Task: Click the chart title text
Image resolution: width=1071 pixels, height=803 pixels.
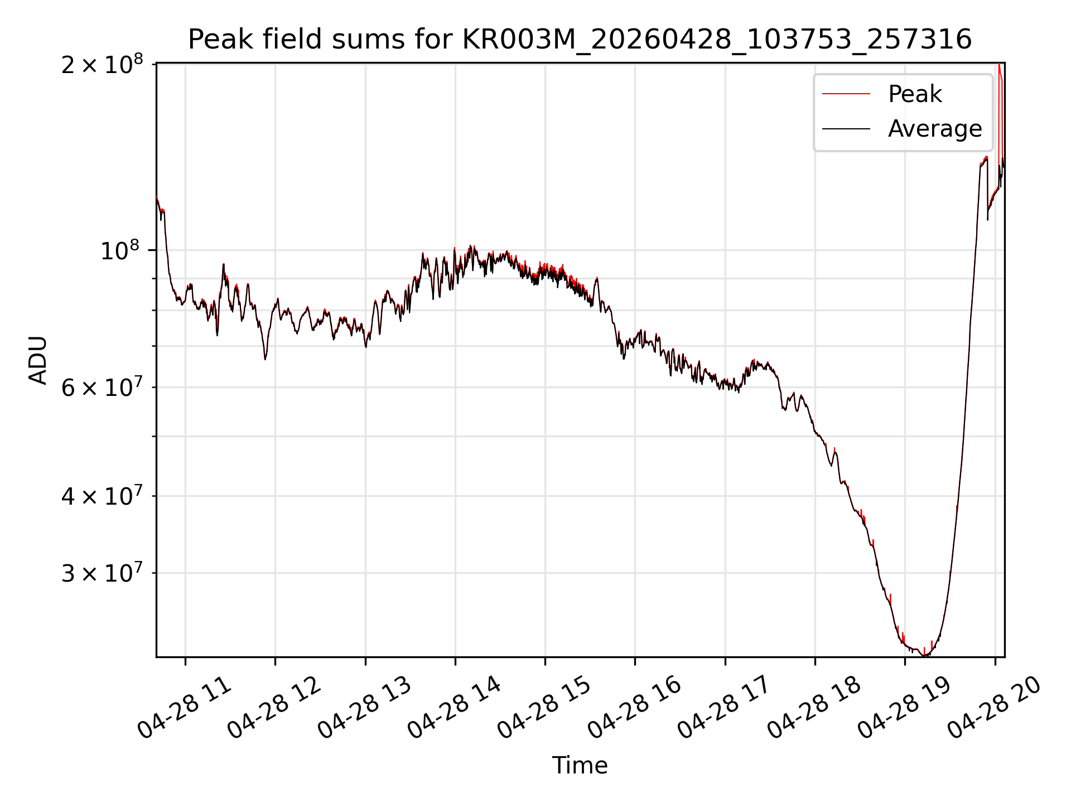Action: coord(580,40)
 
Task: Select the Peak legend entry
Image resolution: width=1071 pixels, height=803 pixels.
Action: coord(882,94)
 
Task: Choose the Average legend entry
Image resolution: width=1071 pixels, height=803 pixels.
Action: coord(901,129)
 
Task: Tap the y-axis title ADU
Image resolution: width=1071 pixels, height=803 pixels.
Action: coord(38,360)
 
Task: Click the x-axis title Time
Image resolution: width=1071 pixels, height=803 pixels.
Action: coord(580,765)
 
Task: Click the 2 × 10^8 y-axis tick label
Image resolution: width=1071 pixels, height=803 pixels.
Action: coord(102,64)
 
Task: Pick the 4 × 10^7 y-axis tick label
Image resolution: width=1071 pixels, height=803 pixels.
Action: coord(102,495)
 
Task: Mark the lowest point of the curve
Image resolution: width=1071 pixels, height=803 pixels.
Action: coord(925,656)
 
